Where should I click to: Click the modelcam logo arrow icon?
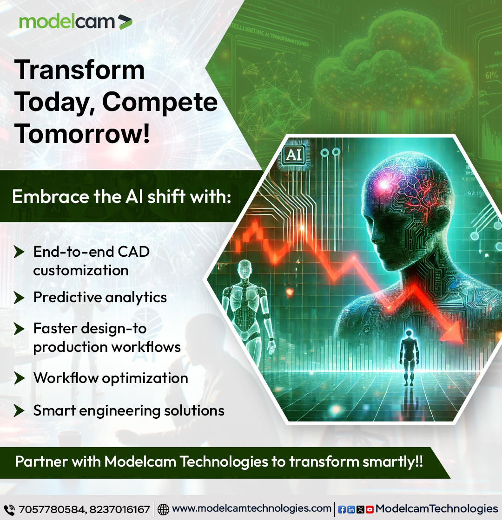[125, 22]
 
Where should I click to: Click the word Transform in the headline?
[80, 70]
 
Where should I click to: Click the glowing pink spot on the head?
[384, 184]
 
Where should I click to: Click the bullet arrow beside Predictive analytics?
[19, 297]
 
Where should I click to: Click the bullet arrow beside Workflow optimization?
[19, 378]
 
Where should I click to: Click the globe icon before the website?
[163, 509]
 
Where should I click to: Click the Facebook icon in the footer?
[342, 509]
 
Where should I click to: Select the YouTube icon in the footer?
[370, 509]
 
